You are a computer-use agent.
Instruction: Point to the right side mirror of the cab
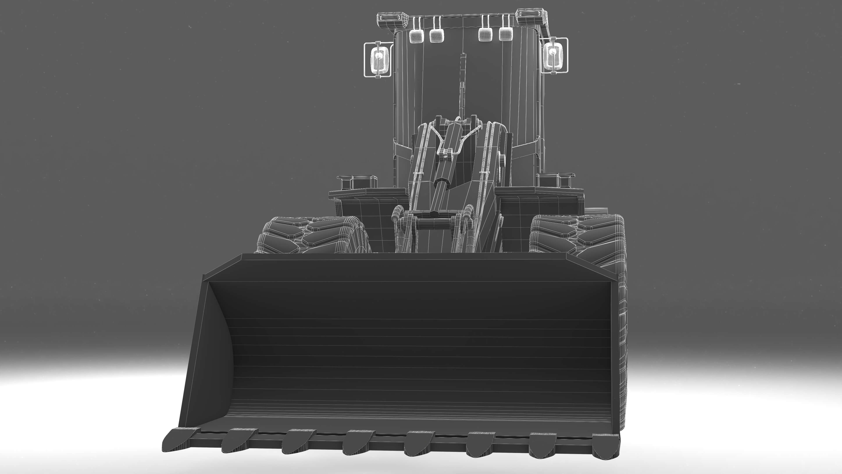(x=554, y=56)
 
